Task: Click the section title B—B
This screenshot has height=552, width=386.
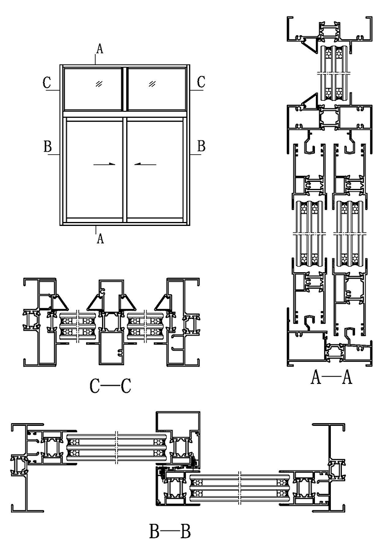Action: [x=170, y=532]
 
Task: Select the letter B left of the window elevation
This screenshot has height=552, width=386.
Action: [x=48, y=147]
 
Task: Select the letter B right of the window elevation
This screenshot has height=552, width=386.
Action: [x=201, y=147]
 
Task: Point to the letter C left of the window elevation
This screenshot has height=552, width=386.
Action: [x=48, y=83]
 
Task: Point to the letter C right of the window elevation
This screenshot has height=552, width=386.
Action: [x=201, y=83]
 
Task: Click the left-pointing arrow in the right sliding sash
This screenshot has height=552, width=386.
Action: [x=146, y=164]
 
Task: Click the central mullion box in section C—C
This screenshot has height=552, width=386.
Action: [x=112, y=347]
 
